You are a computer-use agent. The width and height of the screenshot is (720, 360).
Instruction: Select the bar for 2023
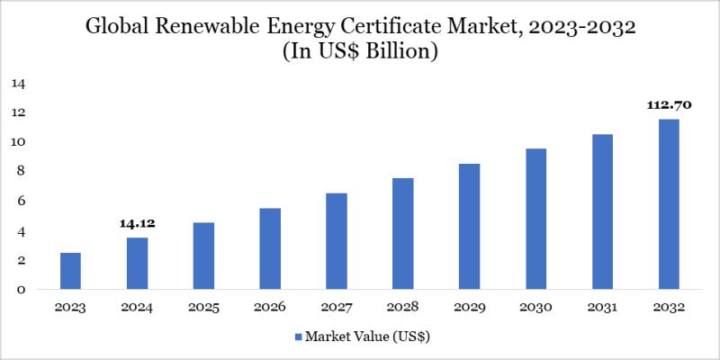point(70,271)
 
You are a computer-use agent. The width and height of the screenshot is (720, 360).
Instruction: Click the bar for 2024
point(137,263)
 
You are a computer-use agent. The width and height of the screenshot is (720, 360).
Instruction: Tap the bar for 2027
point(337,241)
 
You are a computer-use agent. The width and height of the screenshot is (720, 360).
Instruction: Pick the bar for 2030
point(535,219)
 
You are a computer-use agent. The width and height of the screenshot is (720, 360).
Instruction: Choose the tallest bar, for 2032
point(669,204)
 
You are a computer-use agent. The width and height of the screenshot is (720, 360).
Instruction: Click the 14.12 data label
point(137,223)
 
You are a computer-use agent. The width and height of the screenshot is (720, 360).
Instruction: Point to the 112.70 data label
point(669,105)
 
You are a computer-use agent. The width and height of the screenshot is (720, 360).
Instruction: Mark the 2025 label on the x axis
point(203,308)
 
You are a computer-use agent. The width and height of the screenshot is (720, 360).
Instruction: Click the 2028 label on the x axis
point(402,308)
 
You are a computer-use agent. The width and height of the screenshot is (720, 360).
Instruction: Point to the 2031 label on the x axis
point(602,308)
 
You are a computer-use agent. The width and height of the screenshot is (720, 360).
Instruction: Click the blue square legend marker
point(298,338)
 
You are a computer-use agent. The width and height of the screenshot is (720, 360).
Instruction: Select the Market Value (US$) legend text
point(369,338)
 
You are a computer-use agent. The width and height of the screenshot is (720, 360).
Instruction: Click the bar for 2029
point(469,227)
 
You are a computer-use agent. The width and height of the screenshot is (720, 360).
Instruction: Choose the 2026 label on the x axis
point(270,308)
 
